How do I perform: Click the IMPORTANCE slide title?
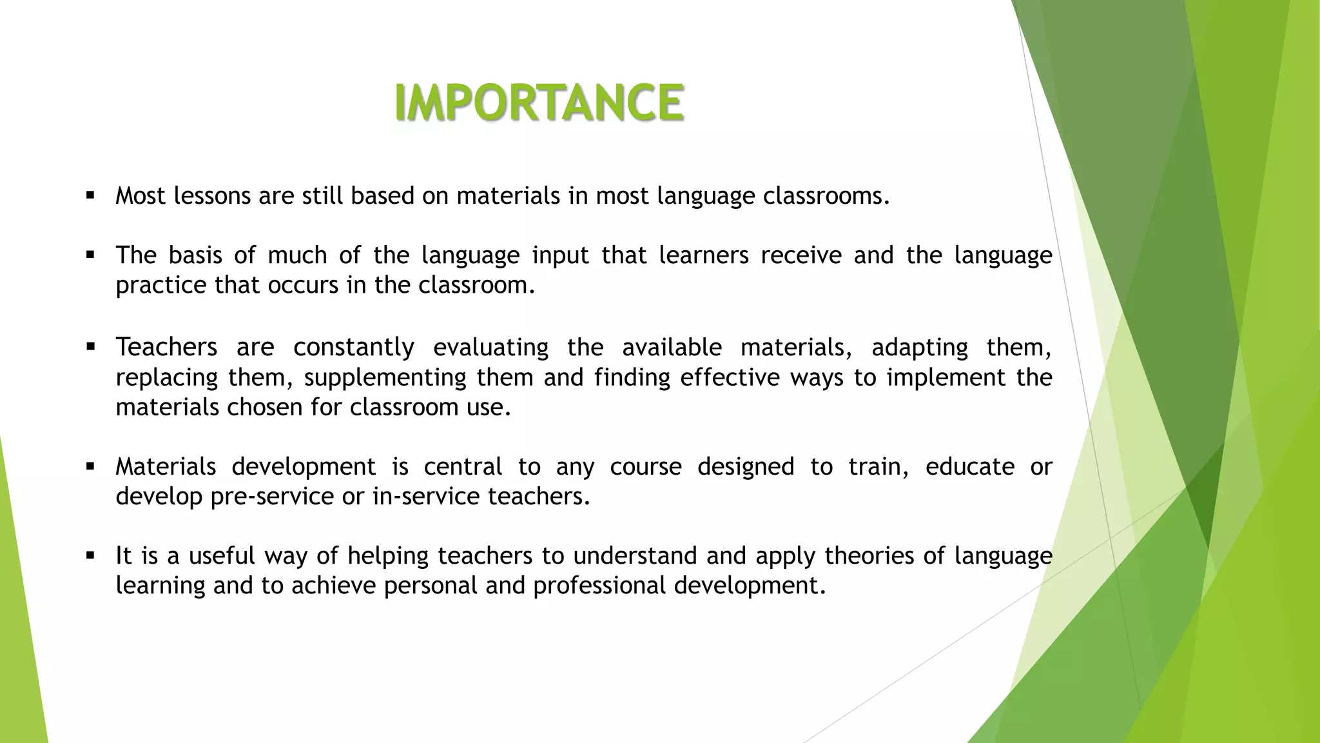[539, 103]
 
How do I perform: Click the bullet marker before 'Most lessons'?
[90, 195]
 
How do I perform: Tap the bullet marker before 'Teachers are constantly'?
[90, 347]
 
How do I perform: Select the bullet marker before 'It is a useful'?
[90, 555]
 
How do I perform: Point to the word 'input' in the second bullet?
[559, 256]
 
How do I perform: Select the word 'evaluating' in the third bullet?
[490, 348]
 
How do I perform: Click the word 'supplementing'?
[385, 378]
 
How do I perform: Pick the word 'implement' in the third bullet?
[946, 378]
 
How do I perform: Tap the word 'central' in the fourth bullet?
[462, 466]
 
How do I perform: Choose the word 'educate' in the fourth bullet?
[969, 466]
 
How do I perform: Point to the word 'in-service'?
[425, 496]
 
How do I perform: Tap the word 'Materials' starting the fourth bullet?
[166, 466]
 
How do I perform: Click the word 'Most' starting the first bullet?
[141, 195]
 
